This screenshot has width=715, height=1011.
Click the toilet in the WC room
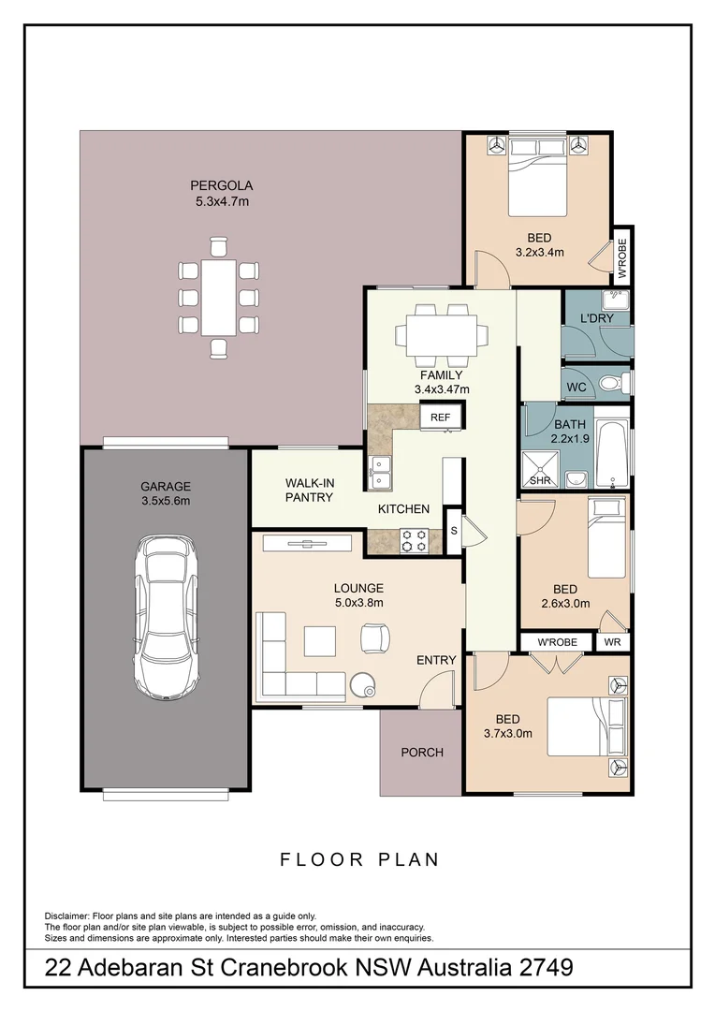pyautogui.click(x=610, y=383)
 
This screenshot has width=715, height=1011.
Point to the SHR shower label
pyautogui.click(x=540, y=480)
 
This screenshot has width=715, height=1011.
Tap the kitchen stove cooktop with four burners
pyautogui.click(x=415, y=540)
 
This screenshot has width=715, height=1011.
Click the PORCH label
pyautogui.click(x=421, y=752)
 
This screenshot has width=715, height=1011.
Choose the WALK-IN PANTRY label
pyautogui.click(x=309, y=490)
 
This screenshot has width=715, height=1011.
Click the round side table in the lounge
pyautogui.click(x=362, y=686)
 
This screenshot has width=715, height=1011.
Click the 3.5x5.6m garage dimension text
pyautogui.click(x=166, y=501)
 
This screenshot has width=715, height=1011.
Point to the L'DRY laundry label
pyautogui.click(x=595, y=319)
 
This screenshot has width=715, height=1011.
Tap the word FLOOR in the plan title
pyautogui.click(x=317, y=859)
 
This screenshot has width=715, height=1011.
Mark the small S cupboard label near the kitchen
pyautogui.click(x=454, y=530)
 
